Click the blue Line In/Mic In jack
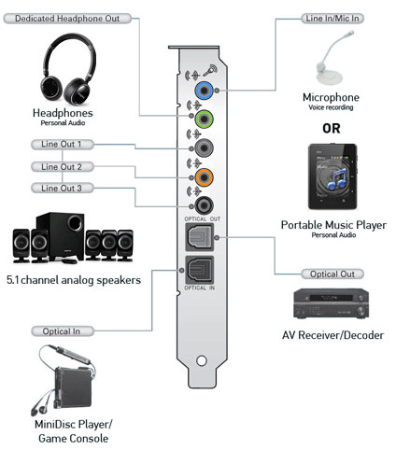click(x=204, y=91)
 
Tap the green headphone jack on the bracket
click(x=204, y=119)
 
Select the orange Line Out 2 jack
click(x=204, y=177)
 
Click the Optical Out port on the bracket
click(x=200, y=237)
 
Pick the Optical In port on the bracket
click(x=200, y=270)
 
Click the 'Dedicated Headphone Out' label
click(x=67, y=19)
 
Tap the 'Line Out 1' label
click(x=63, y=145)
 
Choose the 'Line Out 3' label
click(x=63, y=188)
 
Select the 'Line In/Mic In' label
click(x=332, y=19)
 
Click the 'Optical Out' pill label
click(x=332, y=274)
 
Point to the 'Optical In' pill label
click(x=63, y=331)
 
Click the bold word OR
click(x=332, y=129)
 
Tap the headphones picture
click(x=68, y=69)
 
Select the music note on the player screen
click(x=337, y=179)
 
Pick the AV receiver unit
click(x=331, y=303)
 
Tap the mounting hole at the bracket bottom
click(x=202, y=360)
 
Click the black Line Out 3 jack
click(x=204, y=205)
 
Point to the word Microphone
click(x=331, y=97)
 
